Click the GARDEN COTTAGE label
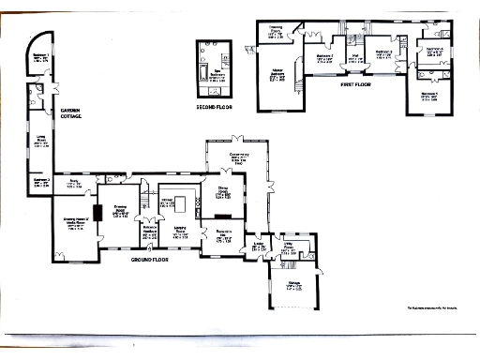[x=71, y=114]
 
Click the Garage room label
[x=293, y=284]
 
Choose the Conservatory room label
[x=237, y=158]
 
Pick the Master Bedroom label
[x=277, y=74]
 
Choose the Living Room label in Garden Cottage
[x=41, y=142]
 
